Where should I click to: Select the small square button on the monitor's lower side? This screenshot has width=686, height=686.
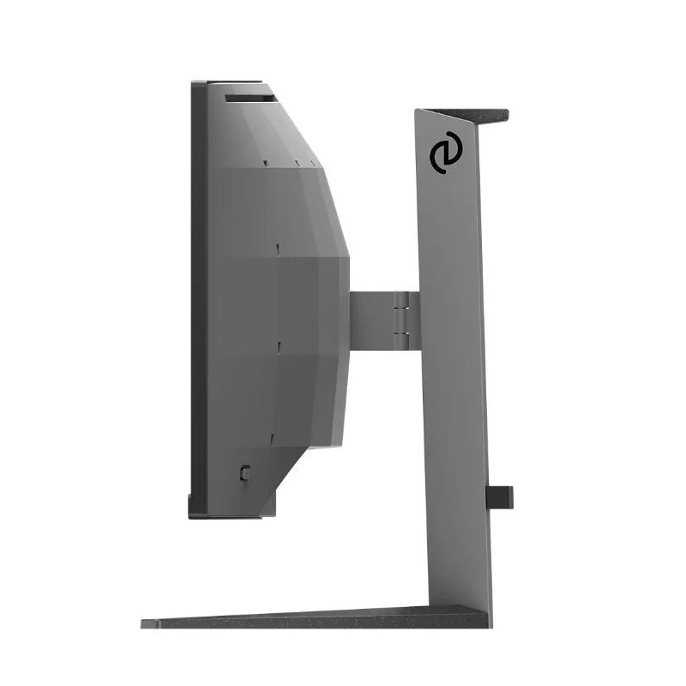pos(245,471)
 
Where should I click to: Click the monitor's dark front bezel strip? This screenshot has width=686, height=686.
pos(198,300)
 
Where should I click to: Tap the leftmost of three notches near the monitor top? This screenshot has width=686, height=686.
pos(266,161)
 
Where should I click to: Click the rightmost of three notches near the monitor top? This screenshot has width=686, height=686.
pos(313,161)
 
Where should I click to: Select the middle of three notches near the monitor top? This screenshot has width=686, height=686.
pos(296,161)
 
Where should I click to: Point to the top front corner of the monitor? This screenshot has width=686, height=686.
pos(193,83)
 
